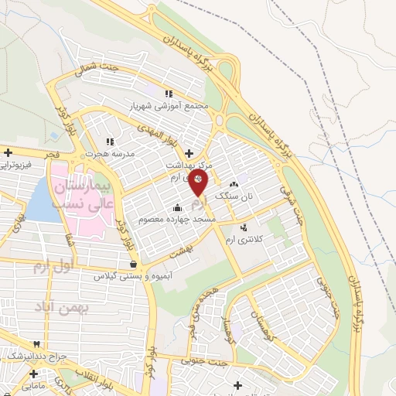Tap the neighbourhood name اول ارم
click(51, 268)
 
